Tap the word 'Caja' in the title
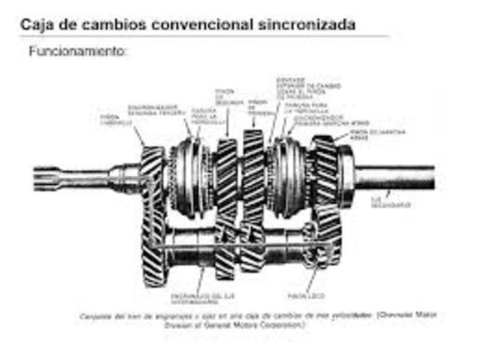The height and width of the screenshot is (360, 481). click(x=35, y=24)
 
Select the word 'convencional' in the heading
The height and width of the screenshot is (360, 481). click(x=201, y=24)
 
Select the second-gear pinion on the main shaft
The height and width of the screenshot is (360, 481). click(x=226, y=177)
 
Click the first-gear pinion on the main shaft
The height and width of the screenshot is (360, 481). click(x=253, y=177)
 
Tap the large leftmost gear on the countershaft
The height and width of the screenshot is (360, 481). click(x=153, y=248)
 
